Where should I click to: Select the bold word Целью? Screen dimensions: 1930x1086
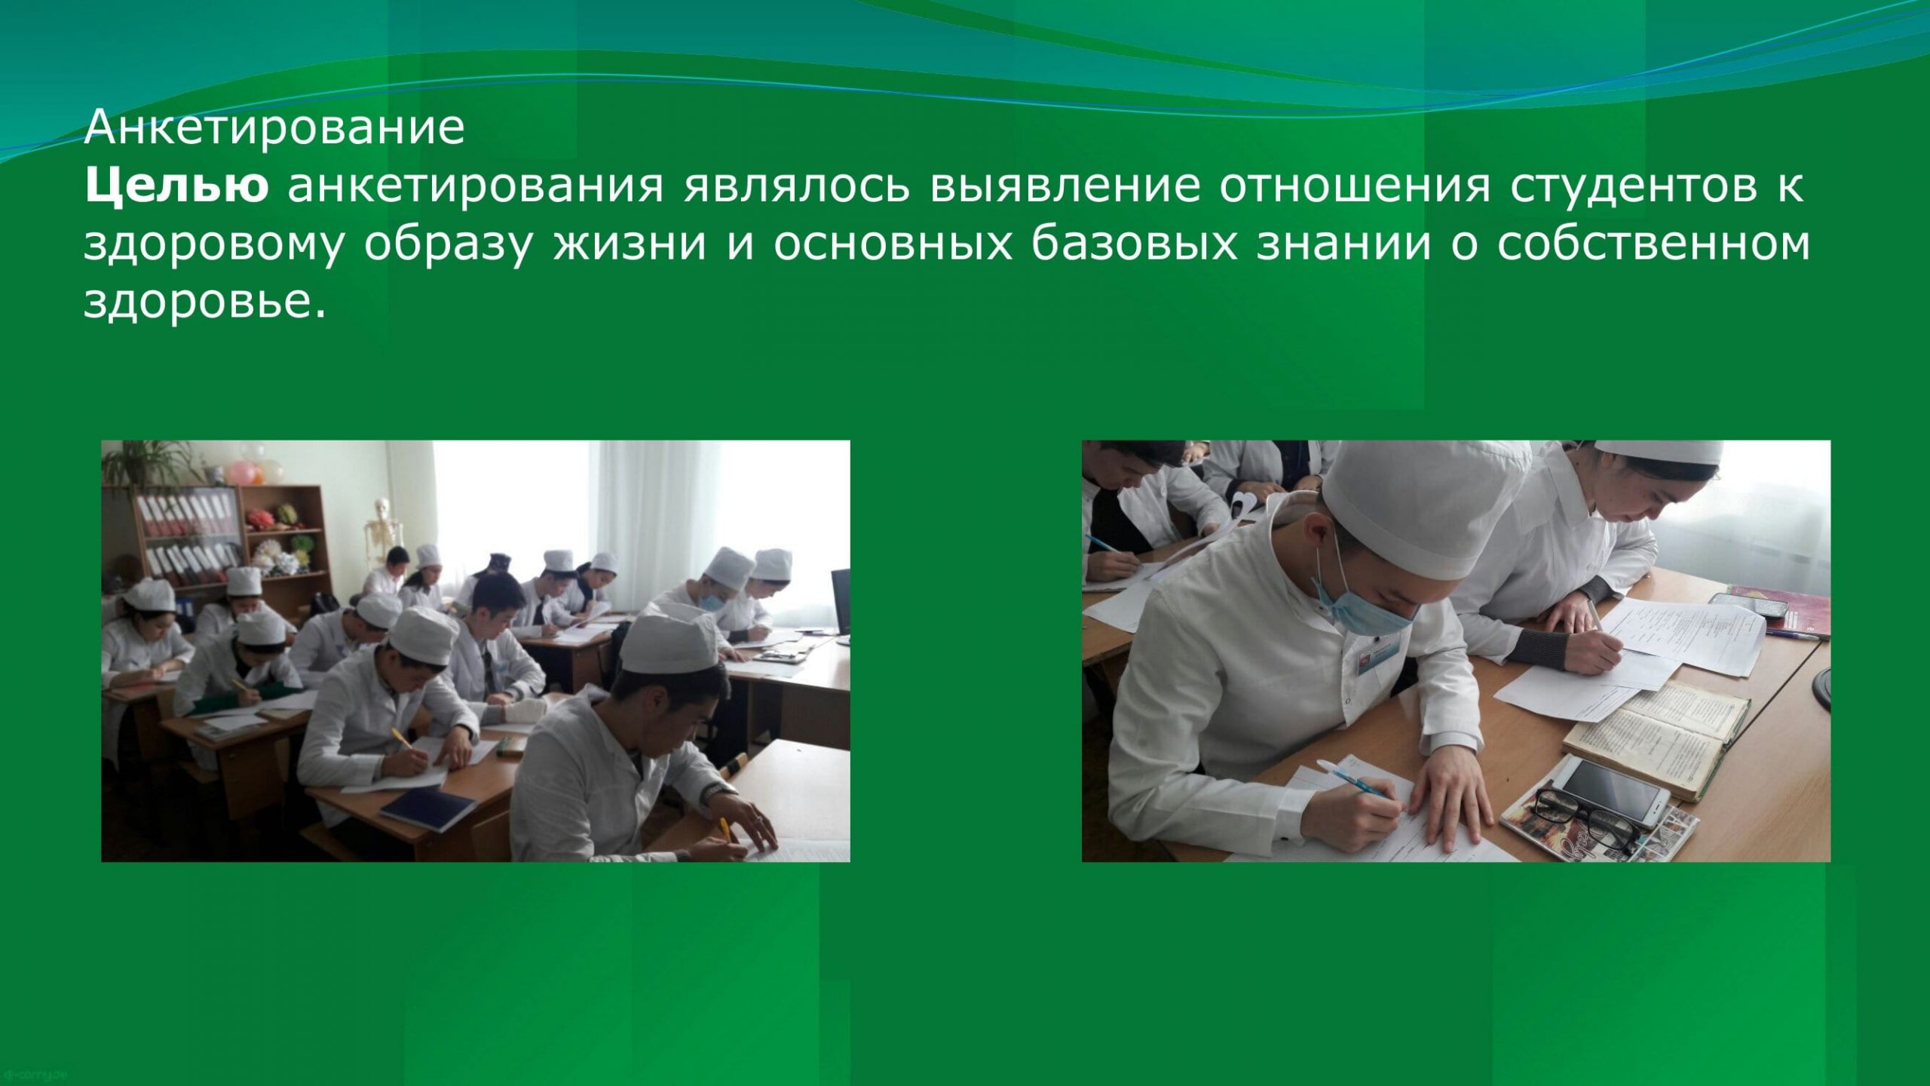176,187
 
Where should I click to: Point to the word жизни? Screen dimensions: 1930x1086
630,244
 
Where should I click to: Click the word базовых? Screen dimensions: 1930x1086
1134,244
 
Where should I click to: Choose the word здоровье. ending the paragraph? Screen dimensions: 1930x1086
205,302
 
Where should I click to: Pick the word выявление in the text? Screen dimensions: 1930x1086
1065,187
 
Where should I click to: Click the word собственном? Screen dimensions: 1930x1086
1653,244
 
